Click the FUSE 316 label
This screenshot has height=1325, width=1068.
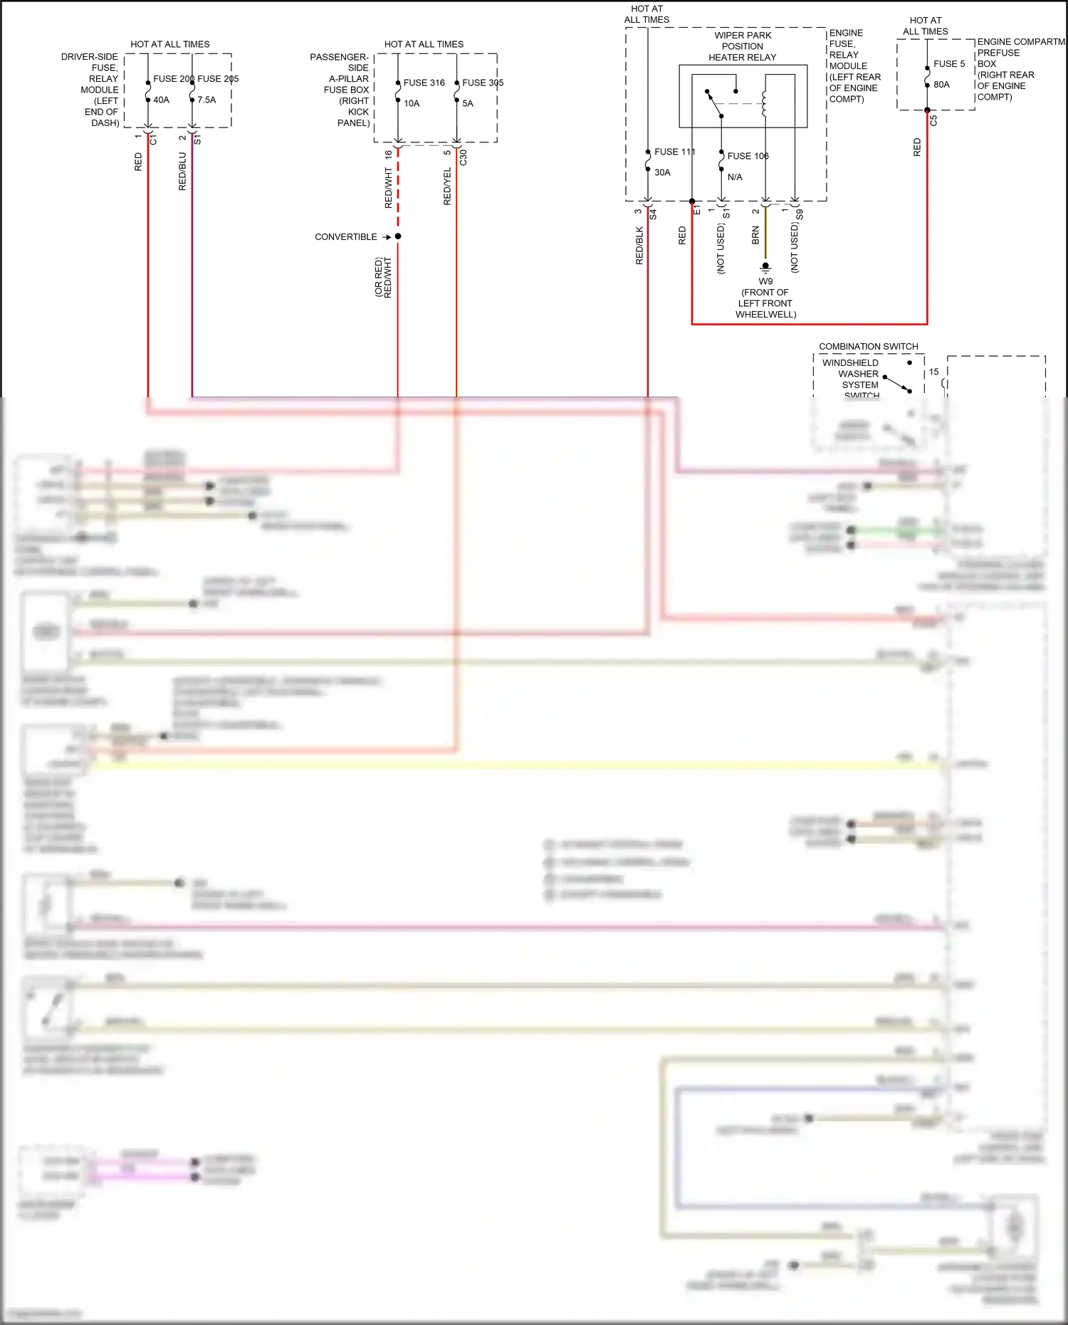coord(424,83)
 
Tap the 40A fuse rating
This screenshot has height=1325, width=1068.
coord(162,100)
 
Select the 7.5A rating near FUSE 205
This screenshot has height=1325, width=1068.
coord(206,100)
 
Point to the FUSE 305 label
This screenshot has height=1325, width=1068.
coord(483,83)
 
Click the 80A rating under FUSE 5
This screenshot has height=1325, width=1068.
coord(941,85)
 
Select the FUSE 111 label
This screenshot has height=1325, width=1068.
coord(674,152)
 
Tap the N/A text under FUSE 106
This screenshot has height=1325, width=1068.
coord(735,177)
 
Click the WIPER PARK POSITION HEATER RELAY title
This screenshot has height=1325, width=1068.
coord(743,46)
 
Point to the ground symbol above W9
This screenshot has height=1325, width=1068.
coord(765,268)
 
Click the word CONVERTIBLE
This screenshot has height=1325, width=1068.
coord(346,237)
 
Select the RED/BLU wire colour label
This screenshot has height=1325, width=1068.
coord(182,171)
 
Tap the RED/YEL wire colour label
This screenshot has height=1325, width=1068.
coord(447,187)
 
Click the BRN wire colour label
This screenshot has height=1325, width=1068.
coord(755,236)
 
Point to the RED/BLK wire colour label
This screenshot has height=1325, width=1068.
coord(639,246)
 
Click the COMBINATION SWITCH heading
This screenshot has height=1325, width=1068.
coord(868,347)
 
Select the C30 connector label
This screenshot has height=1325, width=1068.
coord(464,157)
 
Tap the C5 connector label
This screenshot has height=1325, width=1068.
coord(933,121)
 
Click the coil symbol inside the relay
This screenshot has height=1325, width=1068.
coord(765,103)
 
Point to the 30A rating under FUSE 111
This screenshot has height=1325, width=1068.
coord(662,172)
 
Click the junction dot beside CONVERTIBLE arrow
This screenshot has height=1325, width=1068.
coord(398,236)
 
